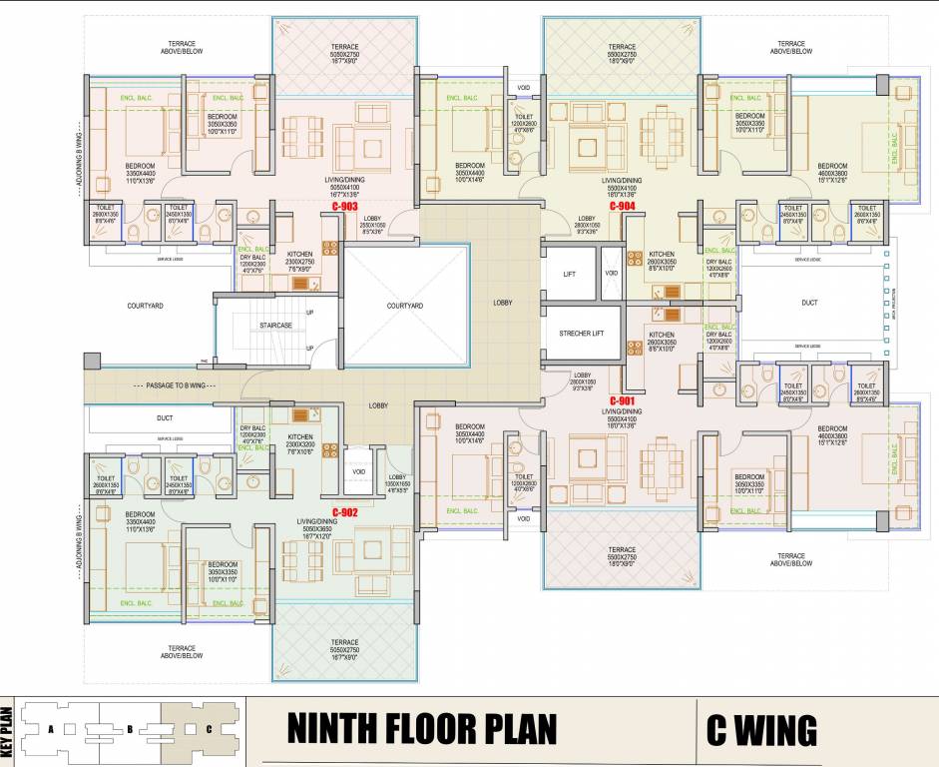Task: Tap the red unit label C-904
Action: click(x=623, y=206)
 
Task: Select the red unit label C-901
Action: click(x=623, y=400)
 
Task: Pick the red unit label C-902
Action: click(x=344, y=512)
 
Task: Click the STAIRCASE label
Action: click(x=275, y=326)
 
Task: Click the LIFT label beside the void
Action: click(x=569, y=273)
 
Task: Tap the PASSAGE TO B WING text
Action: click(x=170, y=384)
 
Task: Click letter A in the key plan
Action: click(x=50, y=729)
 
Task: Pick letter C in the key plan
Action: click(x=209, y=729)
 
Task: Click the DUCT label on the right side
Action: click(x=809, y=302)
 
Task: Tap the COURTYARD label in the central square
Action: click(x=405, y=306)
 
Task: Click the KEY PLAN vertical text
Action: click(x=6, y=730)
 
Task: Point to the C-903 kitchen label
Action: click(x=300, y=255)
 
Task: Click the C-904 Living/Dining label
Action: click(x=620, y=181)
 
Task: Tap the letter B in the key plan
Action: click(x=130, y=729)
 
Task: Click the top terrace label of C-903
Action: click(x=344, y=48)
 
